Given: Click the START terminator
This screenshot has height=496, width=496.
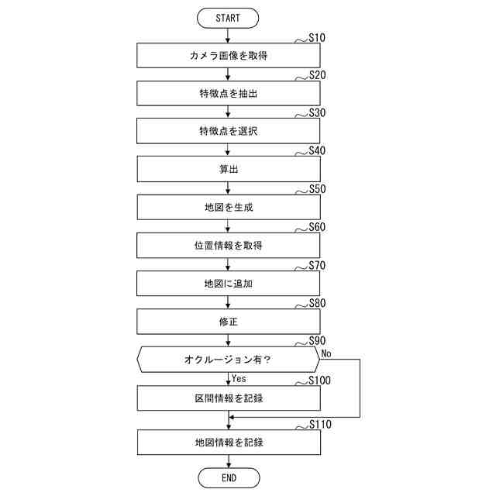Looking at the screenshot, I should (229, 18).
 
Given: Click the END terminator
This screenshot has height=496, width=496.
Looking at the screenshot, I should (229, 478).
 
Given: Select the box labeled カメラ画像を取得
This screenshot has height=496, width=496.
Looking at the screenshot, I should (229, 56).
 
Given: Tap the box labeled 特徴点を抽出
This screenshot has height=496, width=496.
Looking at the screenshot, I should (229, 94).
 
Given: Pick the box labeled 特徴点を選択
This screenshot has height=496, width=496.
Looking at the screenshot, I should (229, 132).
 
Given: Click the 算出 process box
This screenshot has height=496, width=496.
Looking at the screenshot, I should (229, 170).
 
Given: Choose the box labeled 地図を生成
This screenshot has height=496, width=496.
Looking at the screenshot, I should (229, 208).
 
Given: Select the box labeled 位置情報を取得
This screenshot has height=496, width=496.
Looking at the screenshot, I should (229, 246).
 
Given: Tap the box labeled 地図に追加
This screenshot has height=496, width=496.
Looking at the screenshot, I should (229, 284).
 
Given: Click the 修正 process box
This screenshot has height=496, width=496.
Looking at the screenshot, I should (229, 322).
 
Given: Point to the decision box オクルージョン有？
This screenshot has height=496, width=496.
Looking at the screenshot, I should (229, 360).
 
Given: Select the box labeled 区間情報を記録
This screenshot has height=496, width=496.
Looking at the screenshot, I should (229, 398).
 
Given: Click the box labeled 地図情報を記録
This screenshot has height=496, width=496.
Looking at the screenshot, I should (229, 443).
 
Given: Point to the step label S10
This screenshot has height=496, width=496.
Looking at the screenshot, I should (317, 37).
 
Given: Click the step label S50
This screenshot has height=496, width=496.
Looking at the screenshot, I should (317, 189).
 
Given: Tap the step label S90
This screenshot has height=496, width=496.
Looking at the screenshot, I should (317, 341).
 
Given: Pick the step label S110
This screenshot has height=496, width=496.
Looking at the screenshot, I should (320, 425).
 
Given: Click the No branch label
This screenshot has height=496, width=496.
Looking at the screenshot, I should (327, 353).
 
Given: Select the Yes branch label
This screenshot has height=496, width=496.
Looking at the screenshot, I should (239, 379).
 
